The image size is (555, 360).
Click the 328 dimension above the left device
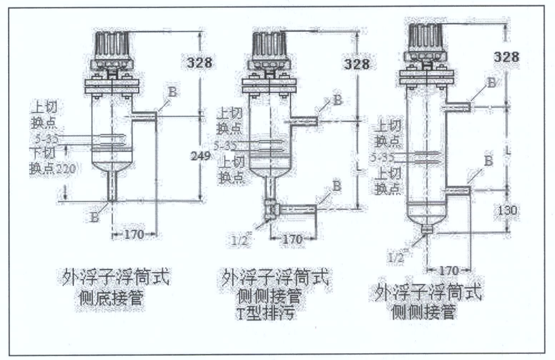point(198,63)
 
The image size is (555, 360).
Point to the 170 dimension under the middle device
point(291,239)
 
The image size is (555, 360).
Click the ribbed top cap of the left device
point(112,45)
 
